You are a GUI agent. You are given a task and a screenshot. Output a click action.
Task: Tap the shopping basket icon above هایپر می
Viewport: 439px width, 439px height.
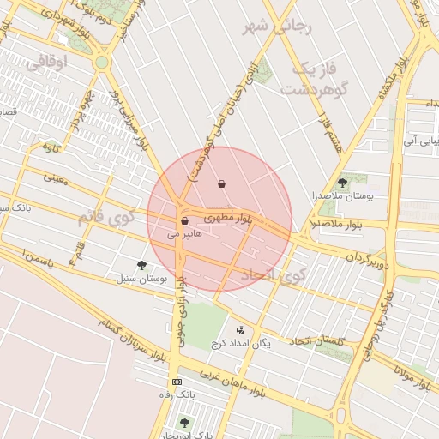tap(184, 221)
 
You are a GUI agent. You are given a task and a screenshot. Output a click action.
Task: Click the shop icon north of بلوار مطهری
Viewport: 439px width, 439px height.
tap(222, 183)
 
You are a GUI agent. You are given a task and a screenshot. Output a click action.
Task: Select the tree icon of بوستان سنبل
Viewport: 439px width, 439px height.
tap(141, 265)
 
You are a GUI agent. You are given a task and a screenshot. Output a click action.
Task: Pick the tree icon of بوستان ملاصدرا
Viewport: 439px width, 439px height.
tap(343, 183)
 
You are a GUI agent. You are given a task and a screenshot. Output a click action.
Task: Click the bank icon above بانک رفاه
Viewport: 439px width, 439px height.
tap(177, 382)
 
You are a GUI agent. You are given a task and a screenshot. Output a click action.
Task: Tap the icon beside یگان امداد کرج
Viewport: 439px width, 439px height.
tap(239, 329)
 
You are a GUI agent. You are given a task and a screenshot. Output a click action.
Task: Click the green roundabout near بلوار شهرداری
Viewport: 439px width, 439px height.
tap(102, 63)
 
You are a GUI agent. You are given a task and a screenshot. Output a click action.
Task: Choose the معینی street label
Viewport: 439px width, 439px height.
tap(54, 179)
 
